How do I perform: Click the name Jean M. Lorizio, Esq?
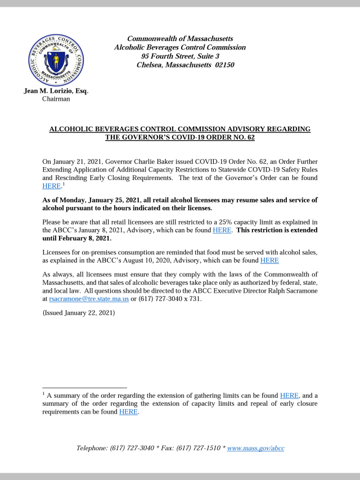coord(56,91)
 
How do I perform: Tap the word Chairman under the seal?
coord(56,99)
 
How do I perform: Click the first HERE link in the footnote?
coord(289,396)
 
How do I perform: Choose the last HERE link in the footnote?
coord(128,411)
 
